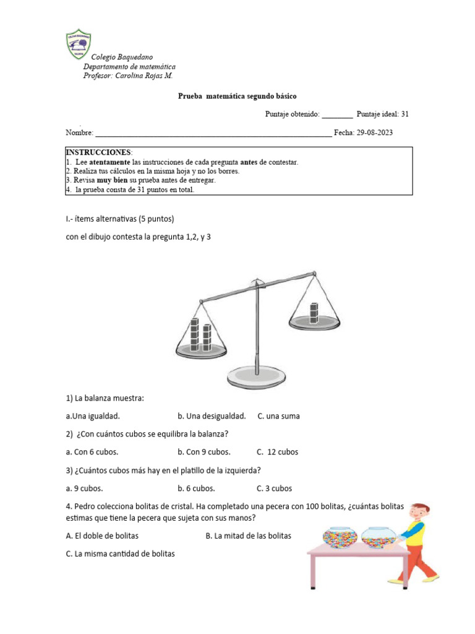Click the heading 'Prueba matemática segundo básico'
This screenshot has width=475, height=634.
(237, 97)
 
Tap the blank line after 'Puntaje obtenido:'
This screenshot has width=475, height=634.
(337, 115)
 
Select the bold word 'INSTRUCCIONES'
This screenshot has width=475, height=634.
(98, 152)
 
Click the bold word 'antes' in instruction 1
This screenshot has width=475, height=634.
(249, 162)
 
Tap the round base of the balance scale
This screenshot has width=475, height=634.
(257, 375)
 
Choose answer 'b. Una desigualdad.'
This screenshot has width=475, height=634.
(212, 416)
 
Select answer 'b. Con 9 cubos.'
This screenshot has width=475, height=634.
(203, 452)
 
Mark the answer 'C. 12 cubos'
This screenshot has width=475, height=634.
(278, 452)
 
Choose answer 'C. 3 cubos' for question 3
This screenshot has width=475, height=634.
(275, 488)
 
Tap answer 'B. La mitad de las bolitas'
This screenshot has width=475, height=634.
(248, 536)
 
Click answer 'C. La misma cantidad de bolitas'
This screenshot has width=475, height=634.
(120, 554)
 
